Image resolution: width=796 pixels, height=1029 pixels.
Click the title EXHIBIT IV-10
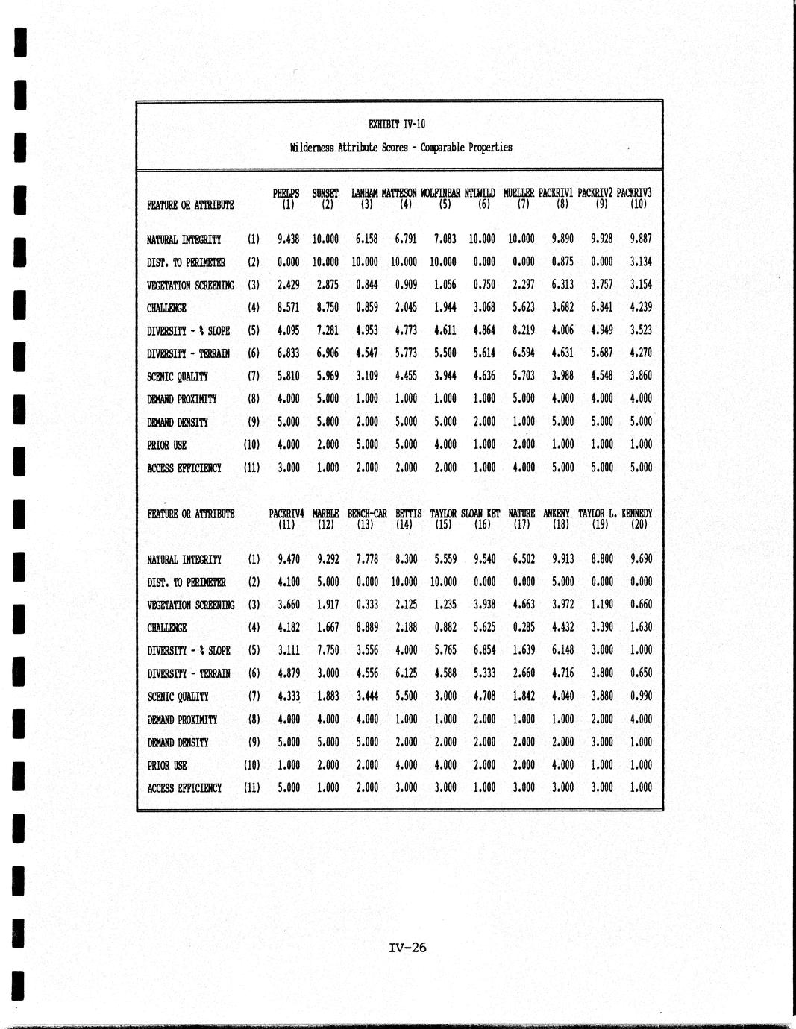[x=397, y=125]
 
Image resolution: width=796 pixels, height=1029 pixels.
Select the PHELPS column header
[x=286, y=193]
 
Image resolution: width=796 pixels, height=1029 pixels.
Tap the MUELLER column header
[x=519, y=193]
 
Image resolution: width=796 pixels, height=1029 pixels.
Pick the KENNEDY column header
[x=636, y=514]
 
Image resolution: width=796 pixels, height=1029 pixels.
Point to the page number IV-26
[x=407, y=948]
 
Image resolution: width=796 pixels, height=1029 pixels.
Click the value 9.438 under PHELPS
[x=288, y=239]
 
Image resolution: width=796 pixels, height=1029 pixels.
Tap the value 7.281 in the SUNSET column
[x=327, y=330]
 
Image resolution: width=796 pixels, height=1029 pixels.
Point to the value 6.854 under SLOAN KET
[x=484, y=650]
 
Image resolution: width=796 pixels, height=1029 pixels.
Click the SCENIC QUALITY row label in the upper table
[x=178, y=377]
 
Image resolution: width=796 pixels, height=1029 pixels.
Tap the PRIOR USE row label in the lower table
[x=167, y=765]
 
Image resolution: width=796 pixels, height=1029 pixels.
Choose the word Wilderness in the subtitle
[x=313, y=148]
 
